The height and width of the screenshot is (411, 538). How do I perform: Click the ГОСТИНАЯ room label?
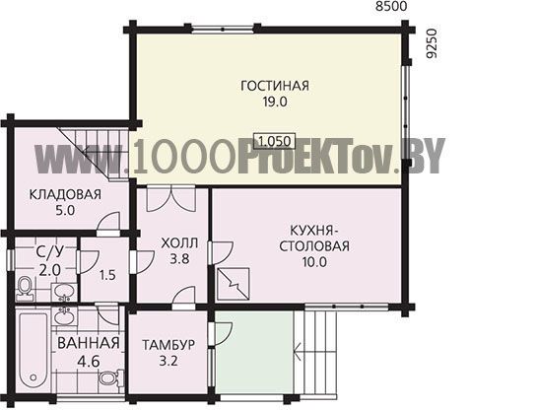tap(275, 86)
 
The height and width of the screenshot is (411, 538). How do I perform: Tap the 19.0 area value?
tap(275, 102)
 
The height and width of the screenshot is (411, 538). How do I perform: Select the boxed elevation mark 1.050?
tap(275, 141)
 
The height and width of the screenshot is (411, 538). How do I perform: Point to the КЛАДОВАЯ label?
tap(65, 194)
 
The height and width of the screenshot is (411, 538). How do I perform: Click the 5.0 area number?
tap(65, 210)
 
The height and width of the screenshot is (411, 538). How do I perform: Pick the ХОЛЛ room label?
tap(179, 243)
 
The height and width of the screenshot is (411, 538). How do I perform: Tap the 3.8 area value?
tap(179, 259)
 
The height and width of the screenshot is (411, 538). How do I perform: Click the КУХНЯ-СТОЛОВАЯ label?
tap(314, 239)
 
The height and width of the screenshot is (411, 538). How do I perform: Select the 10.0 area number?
tap(314, 262)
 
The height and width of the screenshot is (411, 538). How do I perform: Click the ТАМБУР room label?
tap(168, 345)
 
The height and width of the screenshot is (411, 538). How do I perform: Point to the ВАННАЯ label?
tap(89, 343)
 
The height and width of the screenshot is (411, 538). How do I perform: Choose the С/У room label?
tap(49, 253)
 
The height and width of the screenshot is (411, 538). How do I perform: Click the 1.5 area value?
tap(108, 275)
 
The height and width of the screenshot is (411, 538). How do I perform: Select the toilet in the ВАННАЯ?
tap(111, 378)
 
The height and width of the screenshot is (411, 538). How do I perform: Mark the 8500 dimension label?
tap(391, 6)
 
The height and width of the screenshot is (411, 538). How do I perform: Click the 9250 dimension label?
tap(433, 43)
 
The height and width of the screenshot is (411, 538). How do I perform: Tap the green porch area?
tap(254, 352)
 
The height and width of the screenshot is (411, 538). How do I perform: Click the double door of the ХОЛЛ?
tap(171, 199)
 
